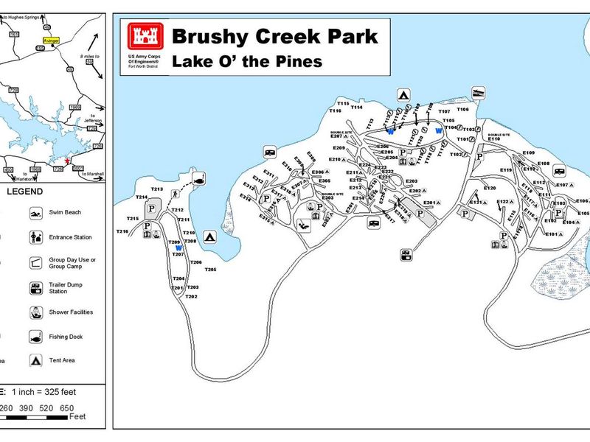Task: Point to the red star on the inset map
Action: coord(66,161)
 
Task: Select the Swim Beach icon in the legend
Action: coord(35,213)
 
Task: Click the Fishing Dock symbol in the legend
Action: coord(35,337)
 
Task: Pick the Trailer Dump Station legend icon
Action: coord(35,287)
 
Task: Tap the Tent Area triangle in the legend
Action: coord(35,361)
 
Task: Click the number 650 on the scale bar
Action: coord(66,408)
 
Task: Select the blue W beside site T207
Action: coord(178,248)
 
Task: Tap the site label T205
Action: coord(210,270)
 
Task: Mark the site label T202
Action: coord(192,296)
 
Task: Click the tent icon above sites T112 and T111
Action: coord(403,94)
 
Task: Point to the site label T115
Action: coord(343,103)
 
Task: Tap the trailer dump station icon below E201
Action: coord(406,255)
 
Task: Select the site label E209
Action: coord(339,148)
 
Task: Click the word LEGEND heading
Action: coord(25,192)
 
